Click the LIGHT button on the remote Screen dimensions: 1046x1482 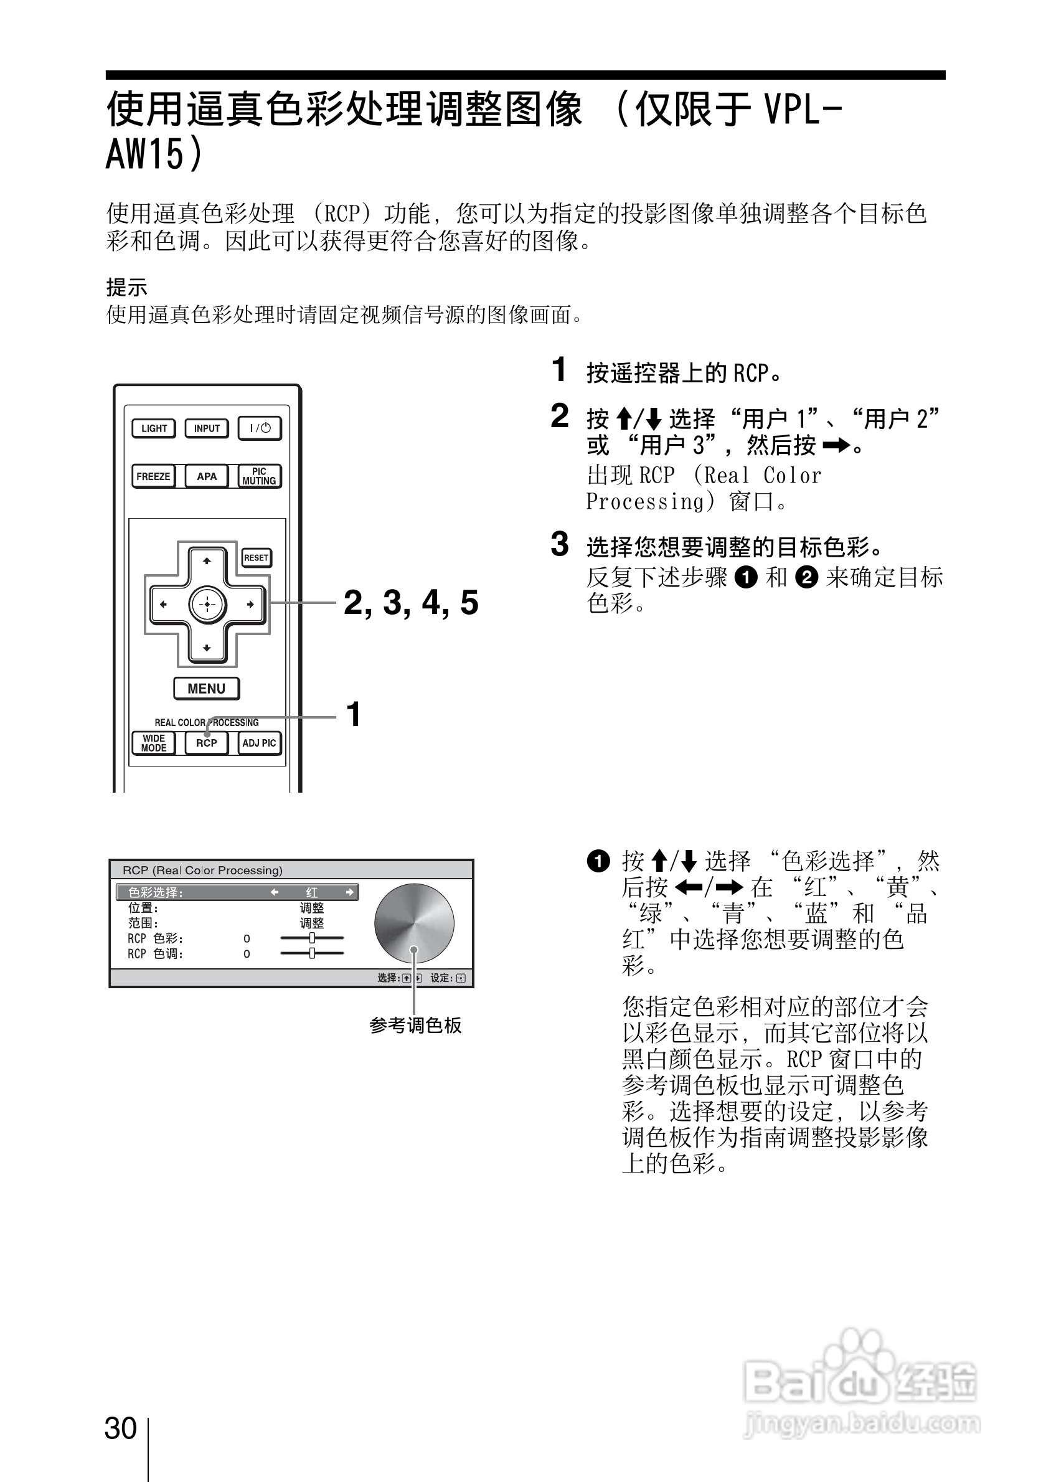[x=154, y=428]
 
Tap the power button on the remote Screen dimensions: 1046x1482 [x=260, y=428]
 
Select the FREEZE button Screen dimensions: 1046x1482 [x=154, y=476]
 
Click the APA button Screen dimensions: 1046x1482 [x=207, y=476]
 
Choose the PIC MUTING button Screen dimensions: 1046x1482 [x=260, y=476]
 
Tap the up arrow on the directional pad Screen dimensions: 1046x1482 [x=207, y=561]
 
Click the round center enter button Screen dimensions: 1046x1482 [x=207, y=604]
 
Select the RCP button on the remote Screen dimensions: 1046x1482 [x=207, y=743]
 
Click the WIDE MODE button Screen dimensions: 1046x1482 [x=154, y=743]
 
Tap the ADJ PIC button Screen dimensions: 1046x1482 [x=260, y=743]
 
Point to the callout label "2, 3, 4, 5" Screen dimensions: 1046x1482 [x=410, y=603]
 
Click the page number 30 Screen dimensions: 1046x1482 [x=121, y=1428]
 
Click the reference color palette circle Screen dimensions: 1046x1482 [x=413, y=923]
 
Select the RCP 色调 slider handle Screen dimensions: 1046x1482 [x=313, y=953]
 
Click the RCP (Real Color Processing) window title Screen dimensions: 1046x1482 [x=202, y=870]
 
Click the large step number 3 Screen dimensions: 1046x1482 [x=560, y=544]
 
